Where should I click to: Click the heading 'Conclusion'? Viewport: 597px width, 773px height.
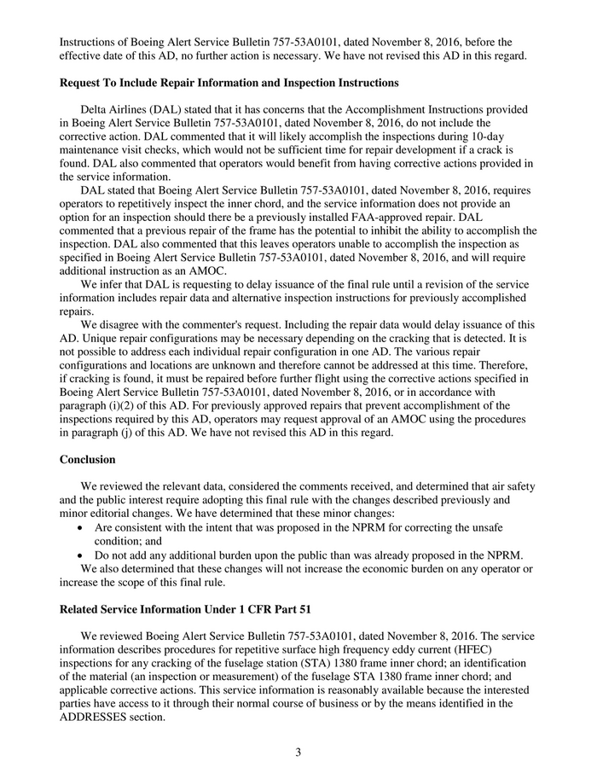[x=87, y=460]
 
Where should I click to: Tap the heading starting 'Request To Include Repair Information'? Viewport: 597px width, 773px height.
[x=229, y=83]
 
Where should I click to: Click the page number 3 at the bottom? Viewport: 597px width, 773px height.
[x=298, y=752]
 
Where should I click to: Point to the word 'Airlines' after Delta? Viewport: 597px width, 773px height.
[x=136, y=110]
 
